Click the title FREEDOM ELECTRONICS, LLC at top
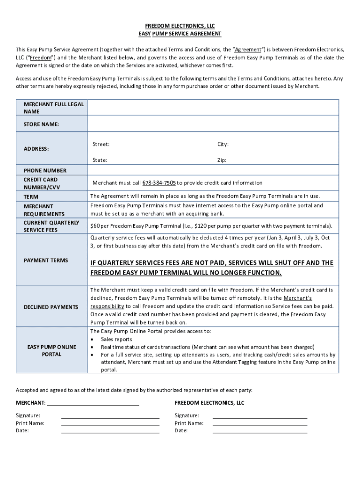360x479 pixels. tap(180, 26)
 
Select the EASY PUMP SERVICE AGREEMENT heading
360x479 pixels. tap(180, 34)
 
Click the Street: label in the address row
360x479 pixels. tap(101, 145)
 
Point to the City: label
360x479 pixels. tap(223, 145)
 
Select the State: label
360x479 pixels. tap(100, 160)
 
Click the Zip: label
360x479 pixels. tap(222, 160)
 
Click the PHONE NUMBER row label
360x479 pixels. tap(45, 171)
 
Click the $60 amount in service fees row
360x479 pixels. tap(95, 226)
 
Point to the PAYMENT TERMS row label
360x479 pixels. tap(46, 261)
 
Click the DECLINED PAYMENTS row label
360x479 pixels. tap(51, 307)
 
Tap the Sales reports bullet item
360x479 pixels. tap(116, 339)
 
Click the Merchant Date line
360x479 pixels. tap(110, 431)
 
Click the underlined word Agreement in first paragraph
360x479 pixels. tap(248, 49)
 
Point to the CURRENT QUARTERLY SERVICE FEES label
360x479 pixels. tap(51, 226)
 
